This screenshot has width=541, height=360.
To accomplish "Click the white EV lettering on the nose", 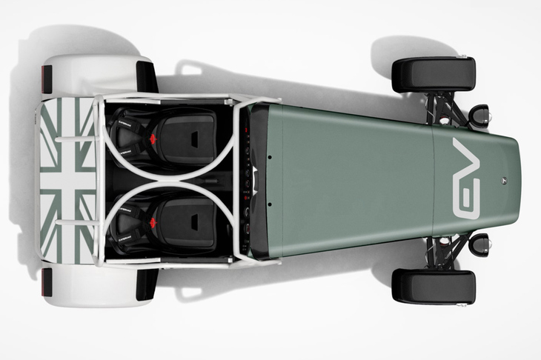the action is coord(466,179).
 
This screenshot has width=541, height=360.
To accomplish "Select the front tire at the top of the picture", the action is coord(434,75).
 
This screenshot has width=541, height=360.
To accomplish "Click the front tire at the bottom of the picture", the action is coord(434,287).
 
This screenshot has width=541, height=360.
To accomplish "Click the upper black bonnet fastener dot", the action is coord(270,157).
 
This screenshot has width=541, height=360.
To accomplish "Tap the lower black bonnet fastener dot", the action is coord(270,204).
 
